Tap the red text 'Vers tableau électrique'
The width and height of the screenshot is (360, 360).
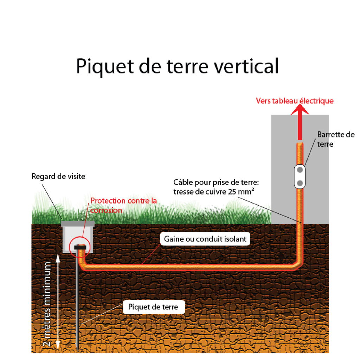(295, 101)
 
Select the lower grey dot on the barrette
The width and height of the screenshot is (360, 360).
(300, 183)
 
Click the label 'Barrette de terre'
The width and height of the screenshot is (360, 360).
(335, 139)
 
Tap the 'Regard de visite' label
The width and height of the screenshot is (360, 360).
(58, 176)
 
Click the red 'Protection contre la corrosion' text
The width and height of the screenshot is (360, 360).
(123, 205)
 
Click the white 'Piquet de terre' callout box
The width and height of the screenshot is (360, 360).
(153, 307)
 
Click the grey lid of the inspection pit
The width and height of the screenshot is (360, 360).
(78, 224)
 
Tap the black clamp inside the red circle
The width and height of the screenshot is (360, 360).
(81, 247)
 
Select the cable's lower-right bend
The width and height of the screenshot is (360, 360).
(298, 265)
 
